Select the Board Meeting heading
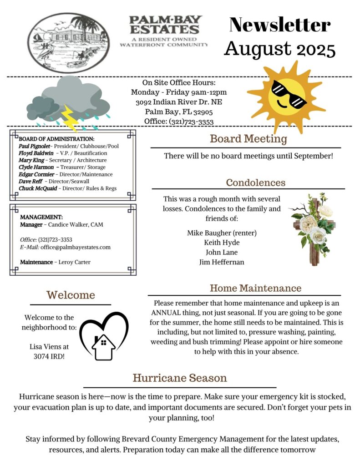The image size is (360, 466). (x=248, y=139)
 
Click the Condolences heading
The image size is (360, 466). (x=256, y=182)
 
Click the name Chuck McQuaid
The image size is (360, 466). (x=38, y=188)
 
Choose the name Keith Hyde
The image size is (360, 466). (x=222, y=243)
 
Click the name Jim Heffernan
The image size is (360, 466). (x=222, y=262)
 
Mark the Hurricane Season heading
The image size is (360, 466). (x=180, y=378)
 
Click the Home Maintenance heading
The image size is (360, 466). (x=255, y=288)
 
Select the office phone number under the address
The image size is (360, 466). (x=191, y=122)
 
